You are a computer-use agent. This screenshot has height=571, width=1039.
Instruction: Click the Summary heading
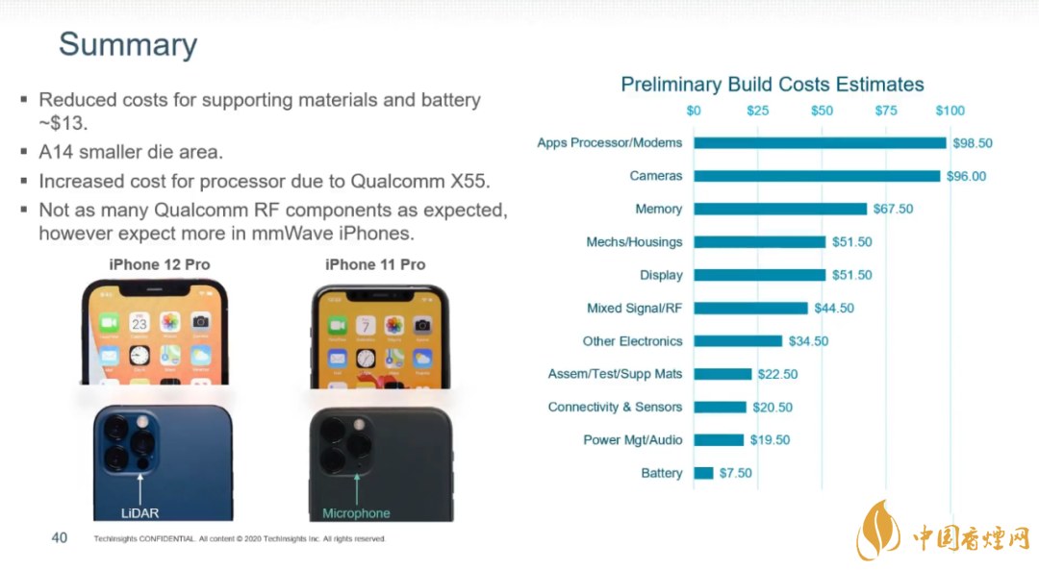(x=128, y=44)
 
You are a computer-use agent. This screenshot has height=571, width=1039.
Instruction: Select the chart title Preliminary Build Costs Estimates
(x=772, y=85)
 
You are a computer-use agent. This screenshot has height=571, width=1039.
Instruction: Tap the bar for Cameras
(x=817, y=176)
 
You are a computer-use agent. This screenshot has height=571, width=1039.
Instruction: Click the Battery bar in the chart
(x=704, y=473)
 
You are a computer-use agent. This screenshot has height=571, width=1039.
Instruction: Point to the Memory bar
(x=780, y=209)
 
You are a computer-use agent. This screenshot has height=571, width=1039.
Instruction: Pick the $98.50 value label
(x=972, y=143)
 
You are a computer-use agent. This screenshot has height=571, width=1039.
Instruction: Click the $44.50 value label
(x=834, y=309)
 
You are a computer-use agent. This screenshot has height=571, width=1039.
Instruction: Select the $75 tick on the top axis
(x=886, y=111)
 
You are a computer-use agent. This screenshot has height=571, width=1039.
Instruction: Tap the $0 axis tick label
(x=694, y=111)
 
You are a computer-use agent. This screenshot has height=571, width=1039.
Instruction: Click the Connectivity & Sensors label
(x=615, y=408)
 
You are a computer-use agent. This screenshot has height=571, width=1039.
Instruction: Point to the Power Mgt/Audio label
(x=632, y=440)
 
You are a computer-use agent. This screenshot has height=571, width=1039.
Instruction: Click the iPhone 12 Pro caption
(x=159, y=264)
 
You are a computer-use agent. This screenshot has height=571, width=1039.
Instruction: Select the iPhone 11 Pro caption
(x=375, y=264)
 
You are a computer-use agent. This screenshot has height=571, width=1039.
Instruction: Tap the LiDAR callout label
(x=139, y=513)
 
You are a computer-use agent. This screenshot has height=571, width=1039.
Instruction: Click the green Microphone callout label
(x=356, y=513)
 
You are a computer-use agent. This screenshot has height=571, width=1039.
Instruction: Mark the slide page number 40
(x=60, y=537)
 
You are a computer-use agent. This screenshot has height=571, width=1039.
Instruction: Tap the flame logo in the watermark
(x=878, y=530)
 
